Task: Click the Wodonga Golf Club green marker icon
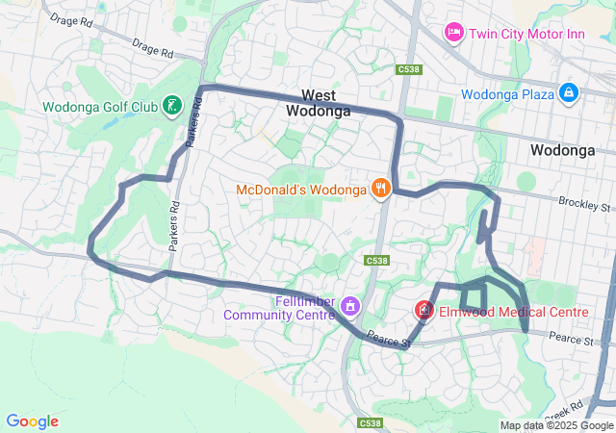170,105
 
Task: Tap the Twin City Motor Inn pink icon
453,34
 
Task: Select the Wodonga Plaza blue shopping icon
569,93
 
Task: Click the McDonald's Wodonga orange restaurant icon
381,189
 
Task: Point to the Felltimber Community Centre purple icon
350,306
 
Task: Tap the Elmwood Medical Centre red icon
423,311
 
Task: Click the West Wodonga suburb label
318,103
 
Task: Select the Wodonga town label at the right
562,150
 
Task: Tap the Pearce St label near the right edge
574,338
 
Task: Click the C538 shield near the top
408,69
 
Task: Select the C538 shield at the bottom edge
370,422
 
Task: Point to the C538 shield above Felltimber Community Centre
376,261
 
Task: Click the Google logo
32,421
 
